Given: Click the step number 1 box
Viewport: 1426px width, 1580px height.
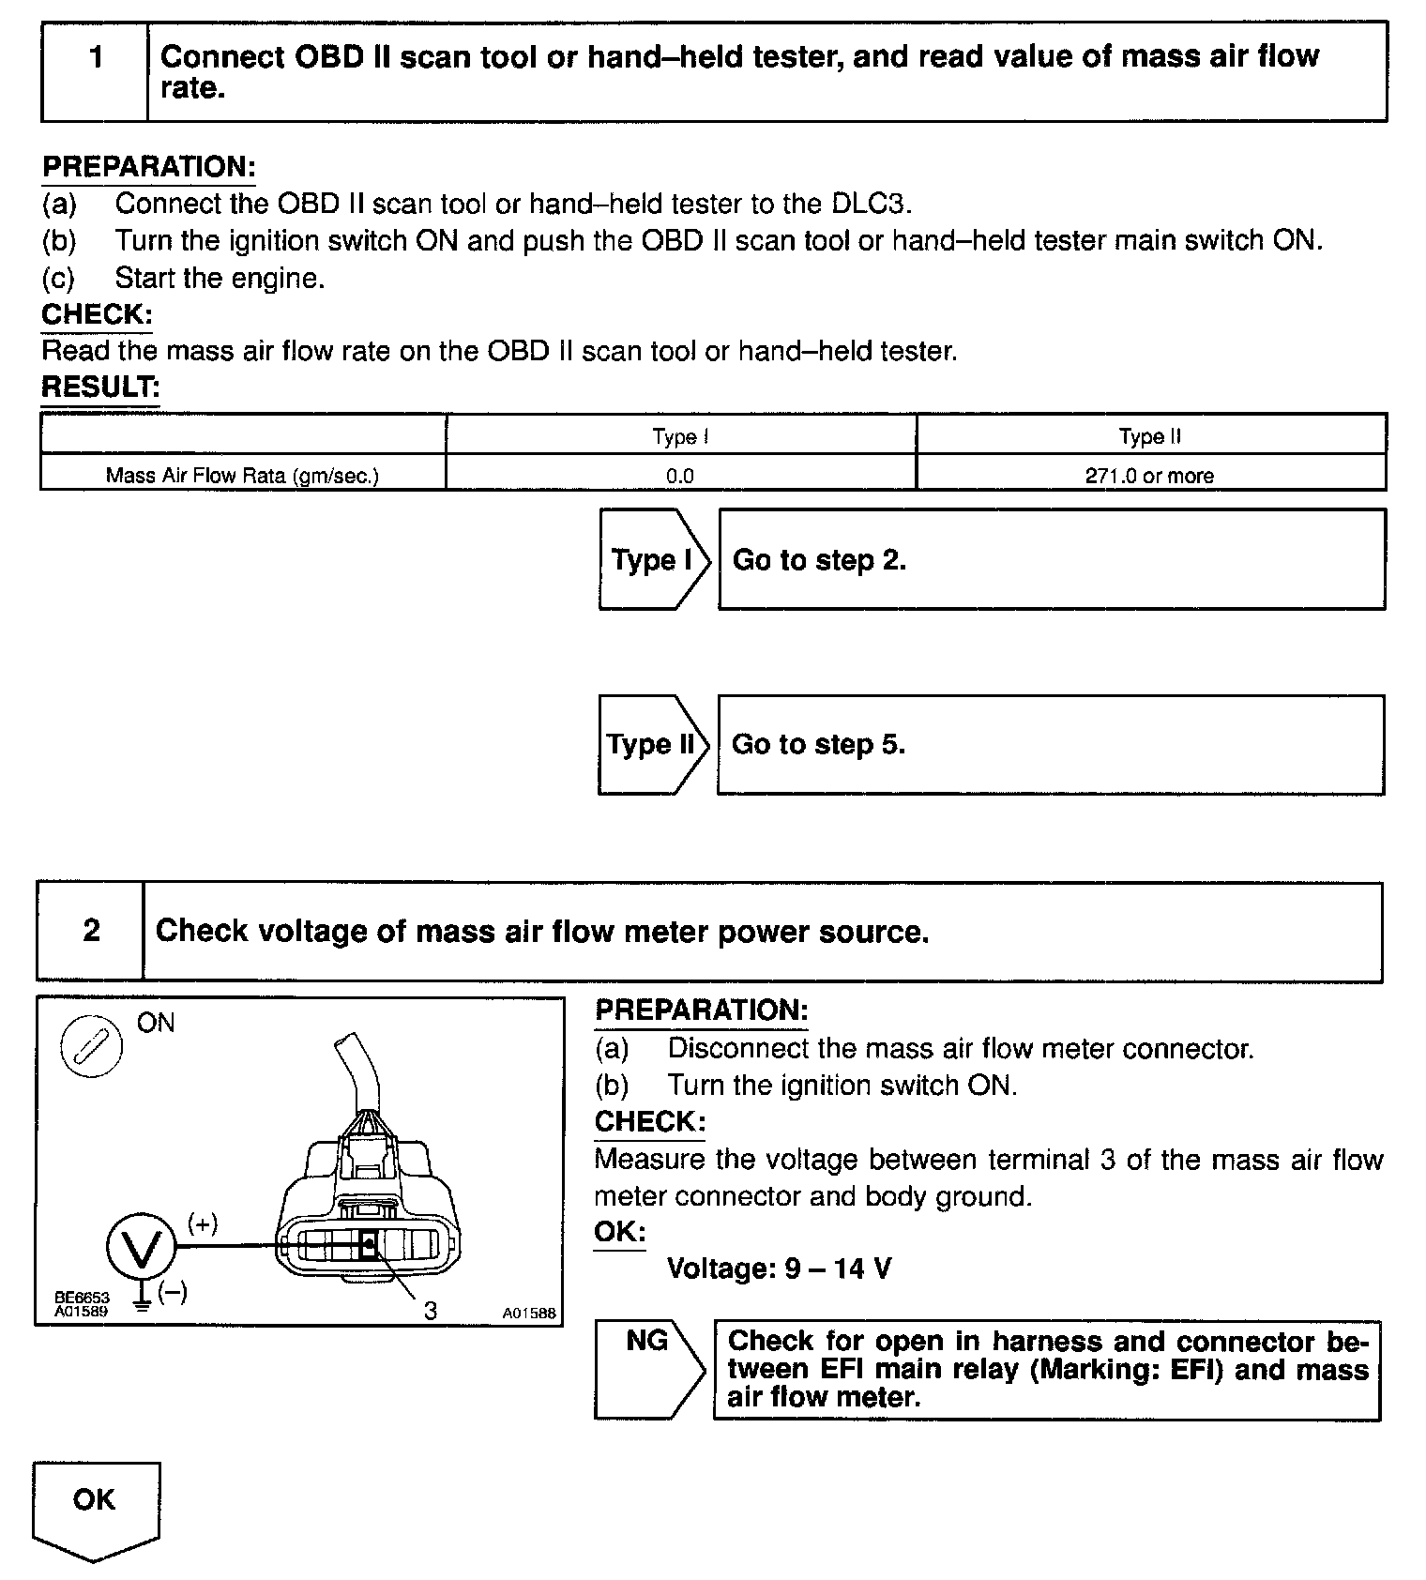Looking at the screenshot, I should pyautogui.click(x=95, y=72).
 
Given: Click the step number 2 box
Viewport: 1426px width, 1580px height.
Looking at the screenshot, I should pyautogui.click(x=91, y=931).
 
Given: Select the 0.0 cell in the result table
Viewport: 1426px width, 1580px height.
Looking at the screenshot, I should pyautogui.click(x=680, y=476).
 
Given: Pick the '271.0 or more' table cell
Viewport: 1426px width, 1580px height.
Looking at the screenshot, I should pyautogui.click(x=1149, y=476).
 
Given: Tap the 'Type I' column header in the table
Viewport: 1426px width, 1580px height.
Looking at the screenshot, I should pyautogui.click(x=680, y=437).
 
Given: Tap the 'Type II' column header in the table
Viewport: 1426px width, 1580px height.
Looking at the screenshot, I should pyautogui.click(x=1149, y=437).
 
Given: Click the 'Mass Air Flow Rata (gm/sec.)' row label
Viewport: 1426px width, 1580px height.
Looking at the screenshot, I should pyautogui.click(x=242, y=476).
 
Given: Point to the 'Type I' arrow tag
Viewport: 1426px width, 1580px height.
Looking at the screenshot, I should pyautogui.click(x=653, y=560).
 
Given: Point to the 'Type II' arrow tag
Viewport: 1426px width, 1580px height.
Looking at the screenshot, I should pyautogui.click(x=651, y=745).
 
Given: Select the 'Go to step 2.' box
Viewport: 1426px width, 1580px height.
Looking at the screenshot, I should pyautogui.click(x=1051, y=560).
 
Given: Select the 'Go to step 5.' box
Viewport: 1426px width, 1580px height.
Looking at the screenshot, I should pyautogui.click(x=1050, y=745).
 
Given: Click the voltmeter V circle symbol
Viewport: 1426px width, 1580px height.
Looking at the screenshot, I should pyautogui.click(x=141, y=1246).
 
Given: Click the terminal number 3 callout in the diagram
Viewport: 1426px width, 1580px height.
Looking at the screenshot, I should pyautogui.click(x=430, y=1310).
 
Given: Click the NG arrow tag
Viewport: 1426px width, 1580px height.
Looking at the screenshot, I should pyautogui.click(x=647, y=1368).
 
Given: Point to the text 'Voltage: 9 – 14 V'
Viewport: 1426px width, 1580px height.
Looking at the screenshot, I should pyautogui.click(x=779, y=1269).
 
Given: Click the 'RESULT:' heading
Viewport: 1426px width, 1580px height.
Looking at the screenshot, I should pyautogui.click(x=100, y=387).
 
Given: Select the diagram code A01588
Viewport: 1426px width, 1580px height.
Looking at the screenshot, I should pyautogui.click(x=528, y=1314).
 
